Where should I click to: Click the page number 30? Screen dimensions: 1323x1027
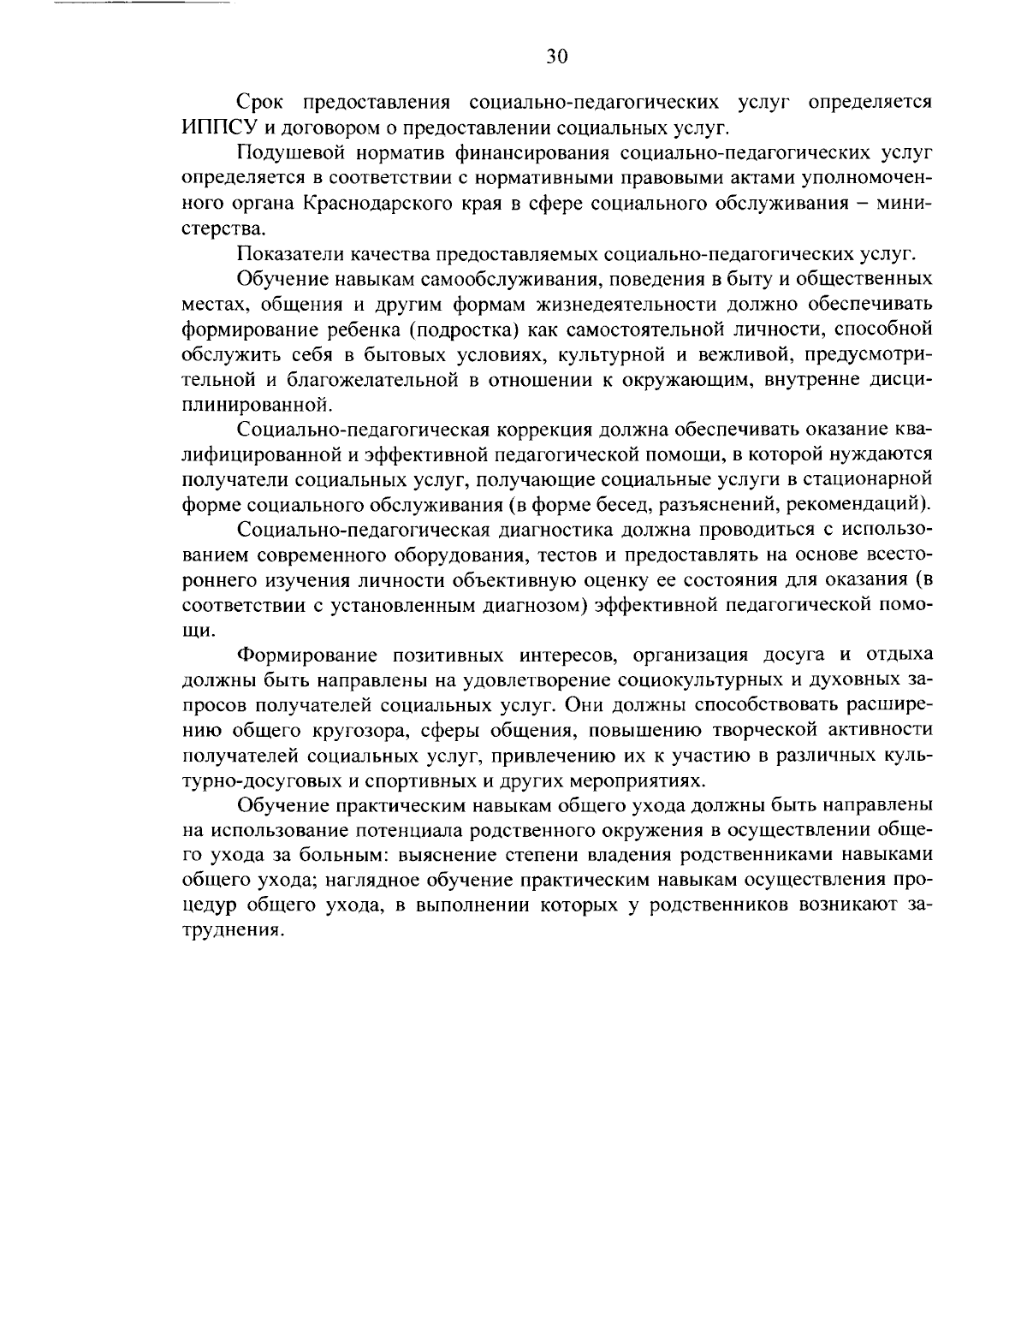click(x=555, y=56)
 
